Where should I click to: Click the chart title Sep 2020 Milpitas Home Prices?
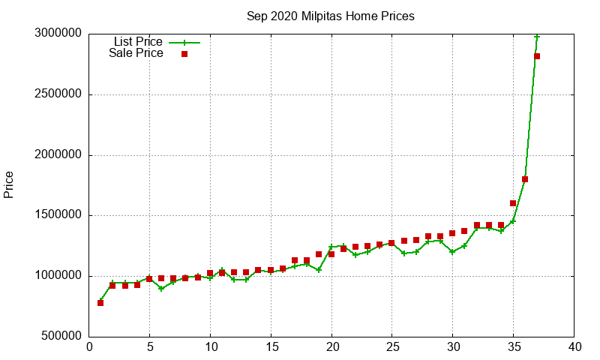(x=330, y=16)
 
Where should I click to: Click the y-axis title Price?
(x=9, y=184)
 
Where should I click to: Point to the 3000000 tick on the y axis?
(x=59, y=34)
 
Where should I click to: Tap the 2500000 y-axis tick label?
(x=59, y=95)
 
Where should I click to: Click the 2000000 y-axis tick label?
(x=59, y=155)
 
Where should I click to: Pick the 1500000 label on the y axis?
(x=59, y=216)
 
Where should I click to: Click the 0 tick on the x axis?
(x=89, y=347)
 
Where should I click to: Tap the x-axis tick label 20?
(x=331, y=347)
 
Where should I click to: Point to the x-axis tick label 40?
(x=574, y=347)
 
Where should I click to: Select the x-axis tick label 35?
(x=514, y=347)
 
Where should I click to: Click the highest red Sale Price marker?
(x=537, y=56)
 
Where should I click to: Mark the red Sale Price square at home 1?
(x=100, y=303)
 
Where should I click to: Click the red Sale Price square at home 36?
(x=525, y=179)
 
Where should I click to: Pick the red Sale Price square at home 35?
(x=513, y=203)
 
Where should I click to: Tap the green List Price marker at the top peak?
(x=537, y=37)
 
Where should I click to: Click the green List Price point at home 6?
(x=161, y=289)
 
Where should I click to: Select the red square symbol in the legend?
(x=184, y=54)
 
